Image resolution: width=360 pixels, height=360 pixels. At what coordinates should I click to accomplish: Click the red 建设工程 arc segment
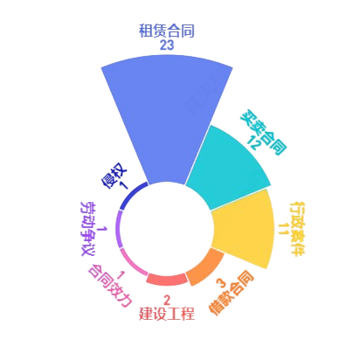pyautogui.click(x=167, y=280)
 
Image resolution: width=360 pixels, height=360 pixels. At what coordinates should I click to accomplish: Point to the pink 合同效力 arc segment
pyautogui.click(x=133, y=264)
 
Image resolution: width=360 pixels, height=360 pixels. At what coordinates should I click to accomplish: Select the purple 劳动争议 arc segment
pyautogui.click(x=120, y=229)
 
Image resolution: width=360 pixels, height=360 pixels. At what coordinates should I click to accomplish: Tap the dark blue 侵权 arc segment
pyautogui.click(x=131, y=195)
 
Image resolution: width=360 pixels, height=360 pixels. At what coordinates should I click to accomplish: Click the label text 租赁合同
pyautogui.click(x=167, y=31)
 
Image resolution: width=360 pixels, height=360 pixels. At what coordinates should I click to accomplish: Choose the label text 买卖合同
pyautogui.click(x=263, y=133)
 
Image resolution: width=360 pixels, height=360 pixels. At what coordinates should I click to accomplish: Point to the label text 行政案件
pyautogui.click(x=298, y=229)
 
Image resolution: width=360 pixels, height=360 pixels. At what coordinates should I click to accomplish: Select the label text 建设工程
pyautogui.click(x=167, y=314)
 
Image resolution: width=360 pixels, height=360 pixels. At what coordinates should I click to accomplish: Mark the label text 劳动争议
pyautogui.click(x=87, y=229)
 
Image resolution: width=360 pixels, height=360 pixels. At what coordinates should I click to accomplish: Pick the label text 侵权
pyautogui.click(x=114, y=176)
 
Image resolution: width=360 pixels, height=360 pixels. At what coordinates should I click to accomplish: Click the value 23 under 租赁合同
pyautogui.click(x=167, y=45)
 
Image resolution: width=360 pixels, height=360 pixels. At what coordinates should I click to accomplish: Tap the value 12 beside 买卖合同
pyautogui.click(x=254, y=142)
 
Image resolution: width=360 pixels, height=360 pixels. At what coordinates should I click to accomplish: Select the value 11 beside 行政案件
pyautogui.click(x=283, y=229)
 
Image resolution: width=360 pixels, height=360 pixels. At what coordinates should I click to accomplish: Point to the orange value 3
pyautogui.click(x=222, y=283)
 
